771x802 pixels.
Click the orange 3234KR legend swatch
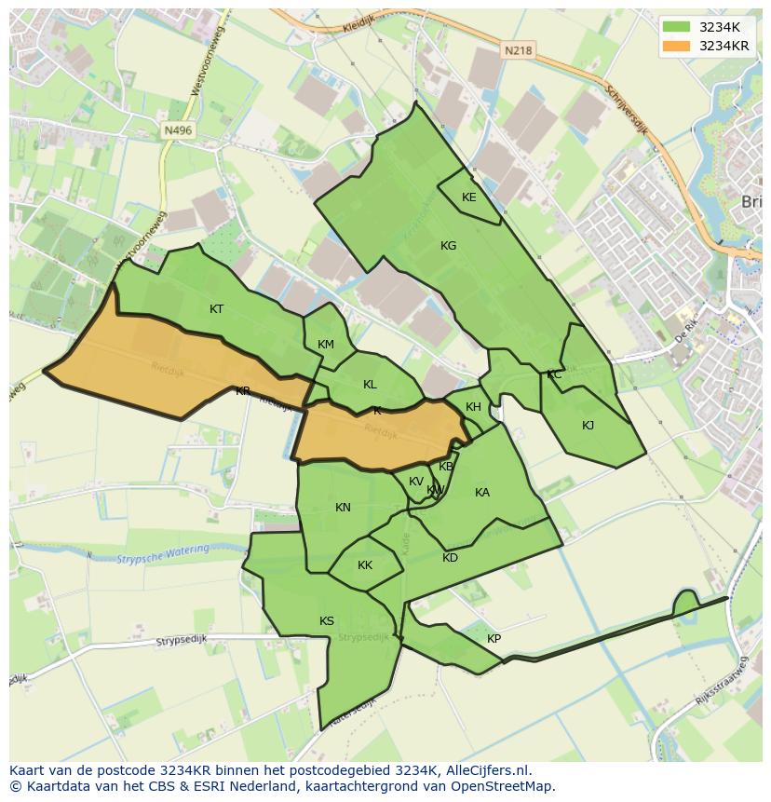click(x=677, y=46)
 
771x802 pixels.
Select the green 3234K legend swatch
click(x=677, y=27)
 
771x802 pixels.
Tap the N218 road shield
click(x=519, y=51)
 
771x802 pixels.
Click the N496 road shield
click(x=175, y=131)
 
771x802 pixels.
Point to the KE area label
click(x=468, y=197)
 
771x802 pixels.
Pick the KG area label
click(x=448, y=246)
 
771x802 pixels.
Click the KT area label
click(x=216, y=309)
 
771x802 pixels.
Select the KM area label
click(x=325, y=345)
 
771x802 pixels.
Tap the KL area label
click(x=370, y=385)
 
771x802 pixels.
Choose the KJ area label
click(x=588, y=426)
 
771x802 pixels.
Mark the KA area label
click(x=481, y=493)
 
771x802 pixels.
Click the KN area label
click(x=343, y=508)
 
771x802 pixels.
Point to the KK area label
click(x=364, y=565)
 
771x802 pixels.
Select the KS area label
click(x=326, y=621)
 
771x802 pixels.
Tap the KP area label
click(x=494, y=639)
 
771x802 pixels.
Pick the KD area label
click(x=450, y=558)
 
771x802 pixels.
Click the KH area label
click(x=473, y=407)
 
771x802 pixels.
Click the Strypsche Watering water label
click(x=163, y=554)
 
